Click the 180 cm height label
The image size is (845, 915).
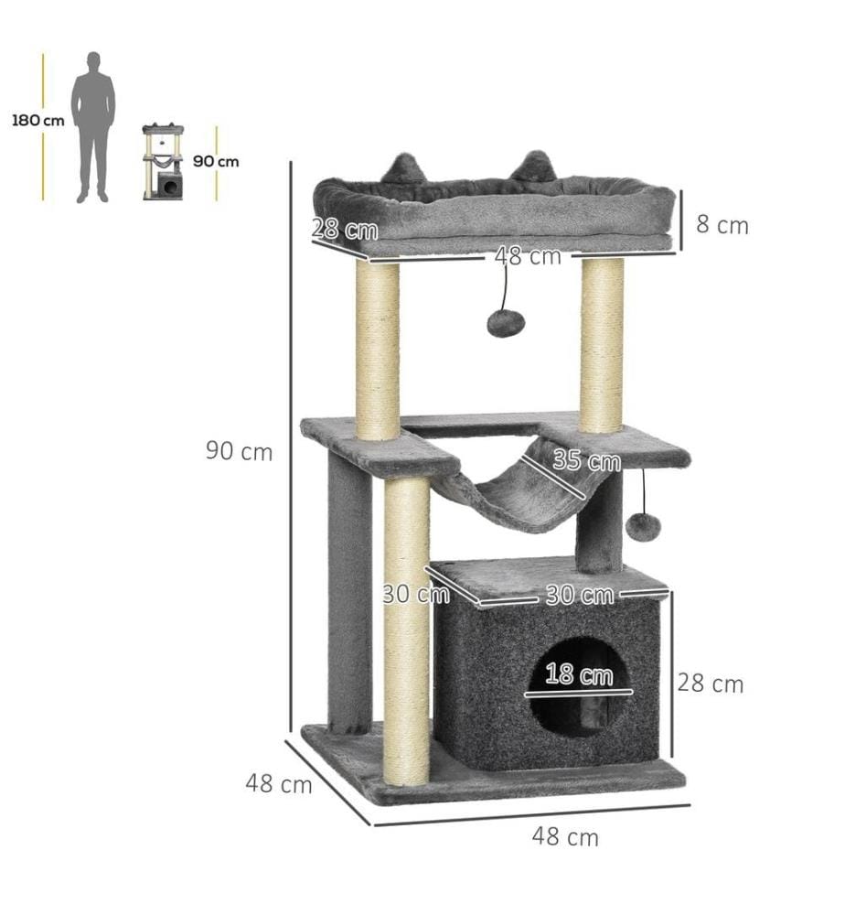37,121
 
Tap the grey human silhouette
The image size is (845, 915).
92,127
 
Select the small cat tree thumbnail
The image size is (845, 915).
164,162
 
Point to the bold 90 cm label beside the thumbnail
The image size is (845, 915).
216,161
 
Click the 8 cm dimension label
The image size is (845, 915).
722,225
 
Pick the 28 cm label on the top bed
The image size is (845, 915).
345,228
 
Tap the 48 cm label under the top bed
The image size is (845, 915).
528,256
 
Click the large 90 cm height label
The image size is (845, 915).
239,452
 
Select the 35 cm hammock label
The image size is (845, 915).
587,460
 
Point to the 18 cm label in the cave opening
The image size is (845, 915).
579,674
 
